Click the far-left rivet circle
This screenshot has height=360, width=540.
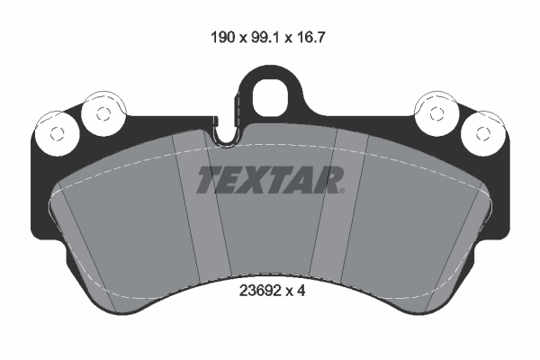[x=55, y=133]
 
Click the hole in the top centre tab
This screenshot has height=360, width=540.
[x=269, y=97]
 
